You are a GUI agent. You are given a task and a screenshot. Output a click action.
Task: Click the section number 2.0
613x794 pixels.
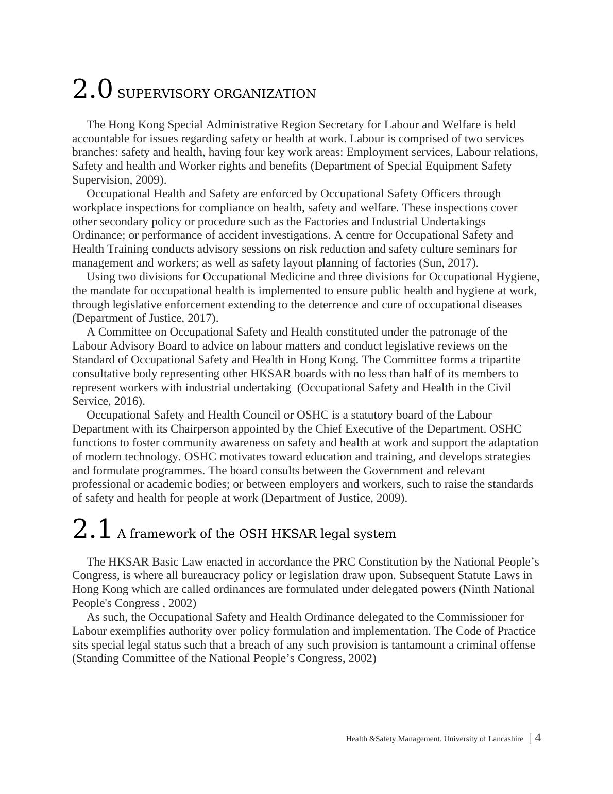coord(92,89)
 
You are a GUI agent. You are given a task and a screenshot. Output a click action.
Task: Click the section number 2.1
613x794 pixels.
coord(92,529)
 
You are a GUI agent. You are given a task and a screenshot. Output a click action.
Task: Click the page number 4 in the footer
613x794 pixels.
coord(538,738)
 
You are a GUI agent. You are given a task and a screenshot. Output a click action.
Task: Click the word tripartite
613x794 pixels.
coord(499,359)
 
